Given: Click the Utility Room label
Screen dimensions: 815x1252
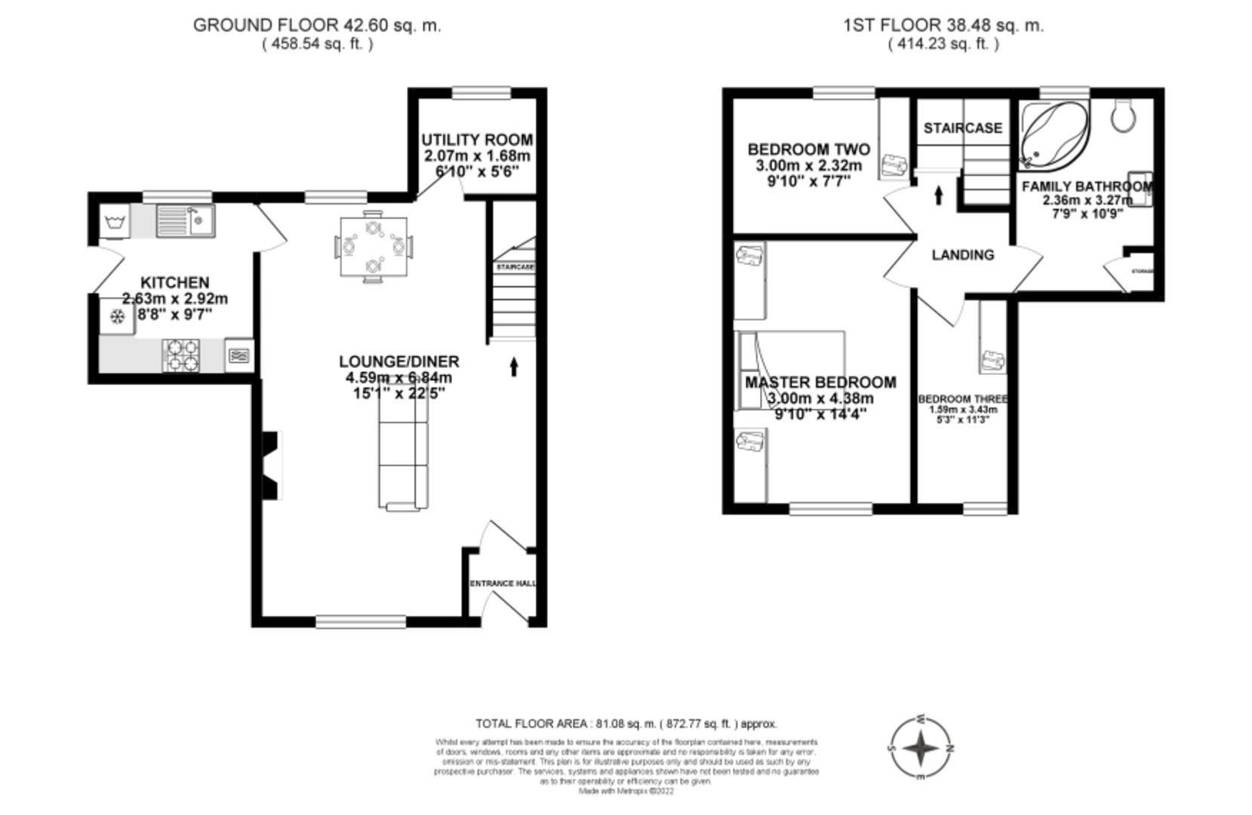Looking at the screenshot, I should click(476, 140).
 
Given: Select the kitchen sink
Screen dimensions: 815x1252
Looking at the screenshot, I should click(186, 220).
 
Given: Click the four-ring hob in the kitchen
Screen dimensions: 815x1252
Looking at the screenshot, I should click(182, 355).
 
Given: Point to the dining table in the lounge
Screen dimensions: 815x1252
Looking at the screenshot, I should click(373, 246).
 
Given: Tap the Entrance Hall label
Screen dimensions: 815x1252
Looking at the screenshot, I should click(503, 583).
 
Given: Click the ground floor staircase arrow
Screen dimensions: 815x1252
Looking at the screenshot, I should click(515, 367).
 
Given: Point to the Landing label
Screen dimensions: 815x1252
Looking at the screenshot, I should click(962, 255).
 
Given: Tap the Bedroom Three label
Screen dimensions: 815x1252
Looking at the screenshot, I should click(962, 399).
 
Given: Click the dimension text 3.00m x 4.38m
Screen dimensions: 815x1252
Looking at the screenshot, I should click(820, 398).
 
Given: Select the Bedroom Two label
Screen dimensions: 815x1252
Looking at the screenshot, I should click(808, 149).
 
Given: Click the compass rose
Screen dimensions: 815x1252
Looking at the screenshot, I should click(921, 749).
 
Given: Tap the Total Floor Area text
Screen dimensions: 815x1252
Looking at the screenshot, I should click(626, 724).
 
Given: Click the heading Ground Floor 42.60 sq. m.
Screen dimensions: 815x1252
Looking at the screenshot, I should click(317, 25).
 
